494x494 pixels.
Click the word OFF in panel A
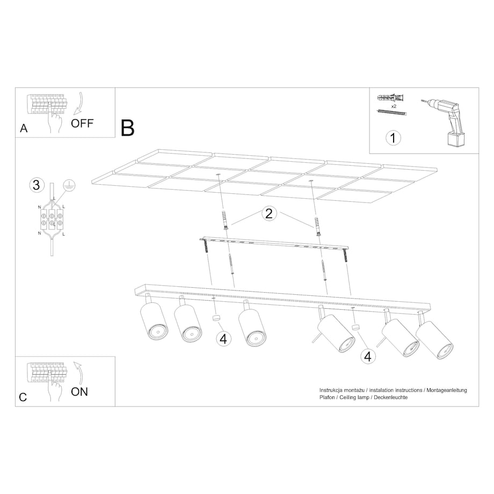(x=82, y=123)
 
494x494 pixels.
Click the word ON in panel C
(x=79, y=391)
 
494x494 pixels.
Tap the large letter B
(x=128, y=128)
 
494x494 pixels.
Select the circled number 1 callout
(x=393, y=138)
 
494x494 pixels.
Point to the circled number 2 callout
(x=268, y=214)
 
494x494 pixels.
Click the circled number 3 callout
(x=37, y=185)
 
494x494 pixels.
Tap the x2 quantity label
(x=394, y=106)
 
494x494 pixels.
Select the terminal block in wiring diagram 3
(x=52, y=219)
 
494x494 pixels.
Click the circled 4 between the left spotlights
(x=223, y=339)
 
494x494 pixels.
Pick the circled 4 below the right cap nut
(x=368, y=357)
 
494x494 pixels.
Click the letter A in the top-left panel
(x=24, y=128)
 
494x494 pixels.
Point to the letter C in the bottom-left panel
(x=23, y=397)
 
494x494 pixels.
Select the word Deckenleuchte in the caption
(x=391, y=397)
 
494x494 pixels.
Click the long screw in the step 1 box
(x=392, y=112)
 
